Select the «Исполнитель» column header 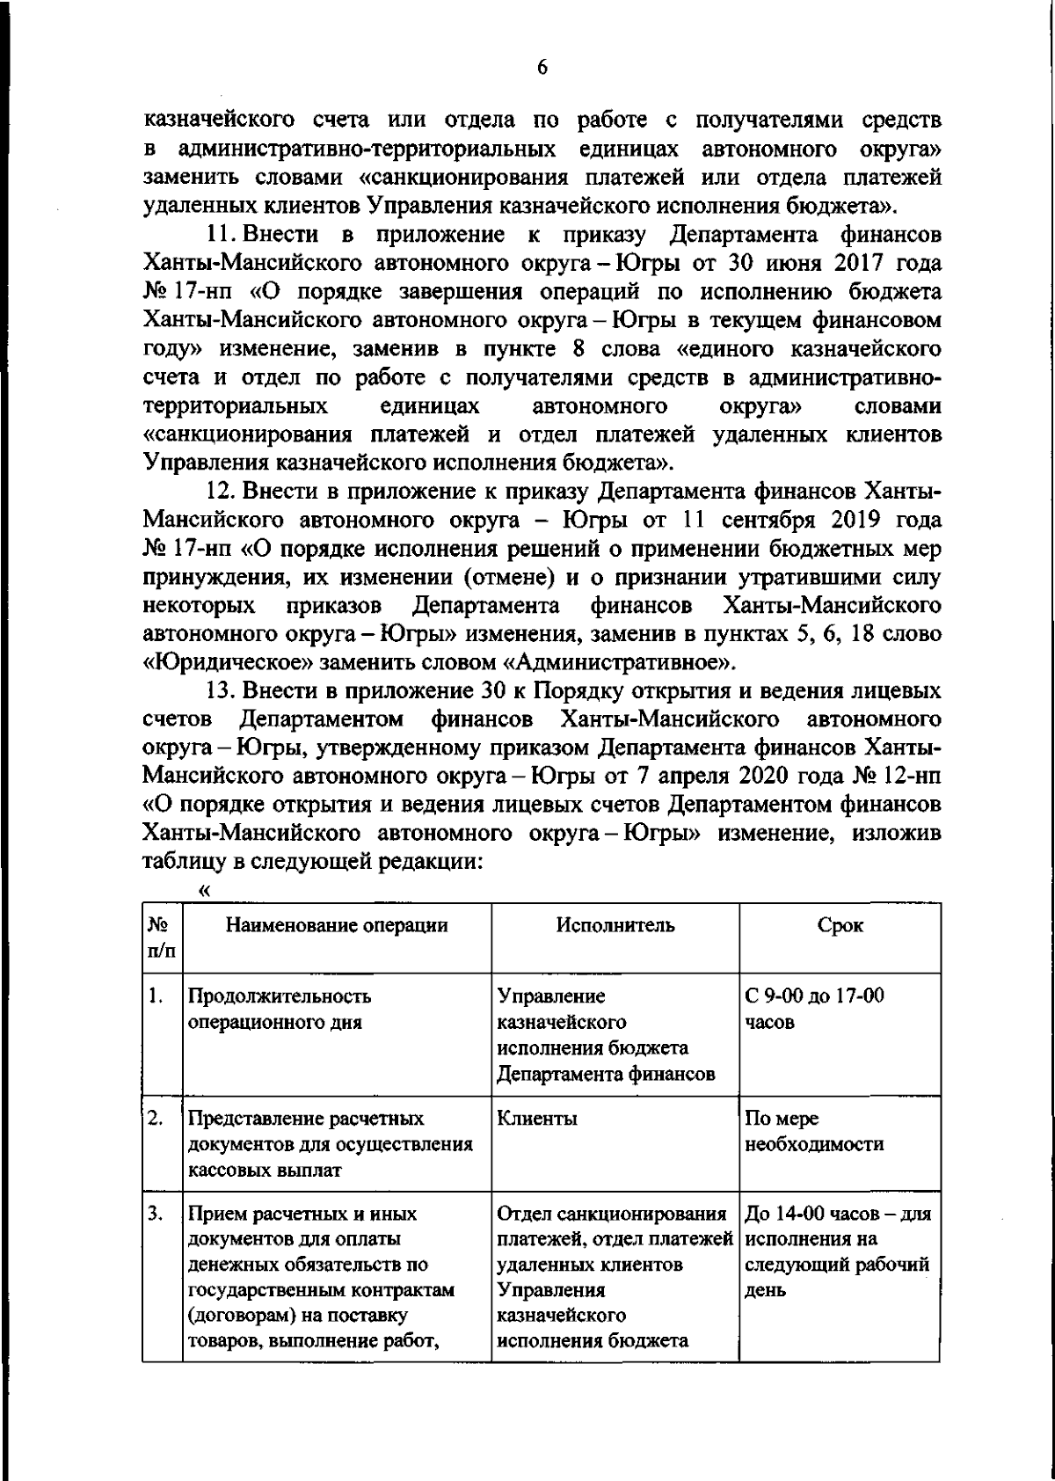(615, 925)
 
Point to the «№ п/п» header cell (161, 937)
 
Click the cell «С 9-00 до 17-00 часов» (814, 1010)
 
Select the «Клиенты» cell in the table (537, 1120)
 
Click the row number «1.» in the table (156, 996)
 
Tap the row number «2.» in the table (156, 1120)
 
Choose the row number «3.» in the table (156, 1215)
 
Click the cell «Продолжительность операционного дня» (279, 1010)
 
